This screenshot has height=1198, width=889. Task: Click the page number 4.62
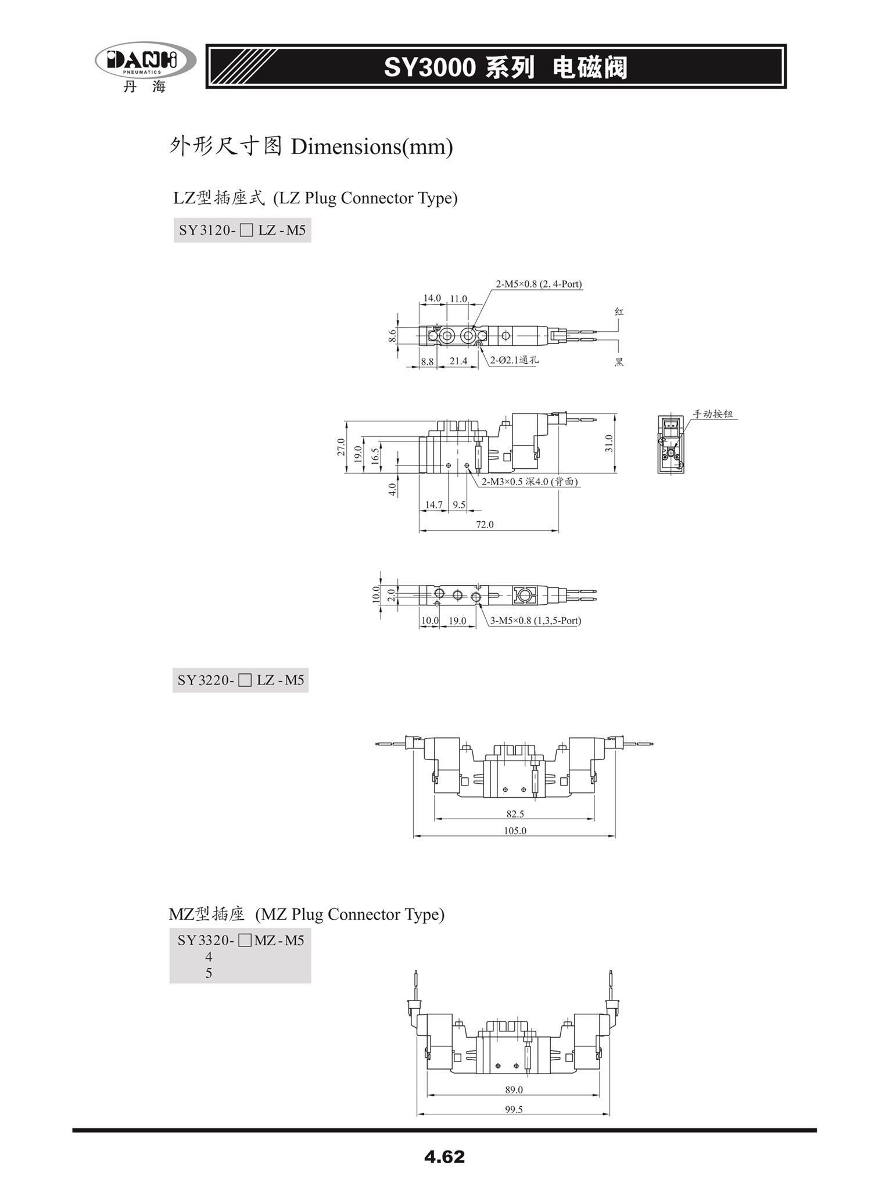[445, 1156]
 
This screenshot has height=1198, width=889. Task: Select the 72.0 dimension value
[485, 525]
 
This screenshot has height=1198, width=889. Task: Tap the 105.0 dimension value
[515, 831]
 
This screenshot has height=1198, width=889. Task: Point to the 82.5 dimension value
[515, 814]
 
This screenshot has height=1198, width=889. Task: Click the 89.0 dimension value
[514, 1090]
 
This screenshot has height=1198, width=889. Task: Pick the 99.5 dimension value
[514, 1109]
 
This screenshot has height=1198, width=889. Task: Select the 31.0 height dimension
[608, 443]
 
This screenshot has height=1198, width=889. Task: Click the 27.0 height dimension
[341, 447]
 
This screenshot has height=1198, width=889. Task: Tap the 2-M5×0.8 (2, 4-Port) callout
[539, 284]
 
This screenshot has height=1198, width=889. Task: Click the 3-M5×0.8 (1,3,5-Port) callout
[535, 620]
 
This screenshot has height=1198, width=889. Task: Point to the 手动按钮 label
[713, 414]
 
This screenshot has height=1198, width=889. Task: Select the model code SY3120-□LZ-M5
[242, 230]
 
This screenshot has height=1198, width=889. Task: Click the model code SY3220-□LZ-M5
[241, 680]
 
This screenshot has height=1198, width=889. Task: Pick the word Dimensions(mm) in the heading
[372, 147]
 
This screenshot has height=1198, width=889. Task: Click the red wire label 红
[619, 312]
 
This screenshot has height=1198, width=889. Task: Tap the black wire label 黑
[619, 362]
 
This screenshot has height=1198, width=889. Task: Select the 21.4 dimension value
[458, 361]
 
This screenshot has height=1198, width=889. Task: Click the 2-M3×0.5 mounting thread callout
[530, 482]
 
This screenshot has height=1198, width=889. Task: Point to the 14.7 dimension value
[434, 505]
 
